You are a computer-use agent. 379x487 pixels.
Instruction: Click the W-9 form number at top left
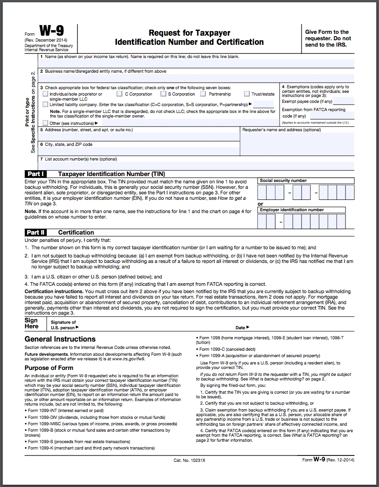point(52,32)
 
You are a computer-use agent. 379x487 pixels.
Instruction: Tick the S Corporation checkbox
point(163,94)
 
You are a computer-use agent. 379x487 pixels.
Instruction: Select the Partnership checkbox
point(203,94)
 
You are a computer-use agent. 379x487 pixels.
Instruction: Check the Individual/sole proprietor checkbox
point(45,94)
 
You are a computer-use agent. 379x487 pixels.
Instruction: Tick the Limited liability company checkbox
point(45,104)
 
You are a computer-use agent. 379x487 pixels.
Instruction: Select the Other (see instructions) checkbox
point(45,123)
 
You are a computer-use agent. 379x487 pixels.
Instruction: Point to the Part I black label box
point(35,174)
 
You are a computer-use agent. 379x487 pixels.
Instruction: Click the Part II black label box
point(36,232)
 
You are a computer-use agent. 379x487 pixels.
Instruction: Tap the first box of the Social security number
point(261,192)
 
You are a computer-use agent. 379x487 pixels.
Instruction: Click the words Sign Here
point(31,323)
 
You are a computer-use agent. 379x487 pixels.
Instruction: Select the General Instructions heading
point(60,339)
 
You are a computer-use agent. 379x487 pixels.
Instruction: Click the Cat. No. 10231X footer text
point(190,460)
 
